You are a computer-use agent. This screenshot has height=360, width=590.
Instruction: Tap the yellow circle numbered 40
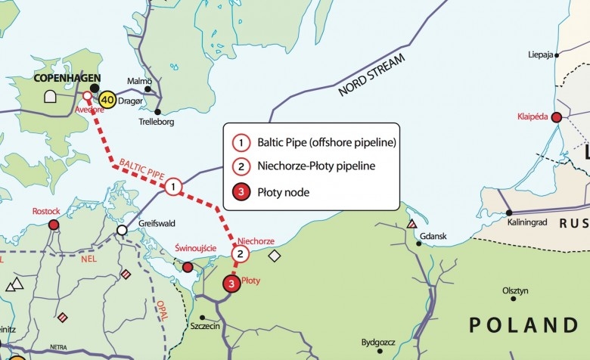(x=107, y=100)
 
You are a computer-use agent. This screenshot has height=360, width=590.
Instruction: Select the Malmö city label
(x=140, y=81)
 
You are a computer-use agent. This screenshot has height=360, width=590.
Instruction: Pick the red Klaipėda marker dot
(x=556, y=117)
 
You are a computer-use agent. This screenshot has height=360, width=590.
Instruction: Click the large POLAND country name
(x=523, y=325)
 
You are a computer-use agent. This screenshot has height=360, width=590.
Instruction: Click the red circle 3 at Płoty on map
(x=231, y=284)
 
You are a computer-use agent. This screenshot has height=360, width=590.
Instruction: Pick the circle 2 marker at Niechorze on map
(x=240, y=254)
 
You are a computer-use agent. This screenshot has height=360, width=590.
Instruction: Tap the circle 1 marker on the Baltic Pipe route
(x=173, y=186)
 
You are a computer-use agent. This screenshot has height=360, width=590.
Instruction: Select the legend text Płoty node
(x=284, y=193)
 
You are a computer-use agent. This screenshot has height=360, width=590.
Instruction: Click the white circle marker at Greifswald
(x=122, y=230)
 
